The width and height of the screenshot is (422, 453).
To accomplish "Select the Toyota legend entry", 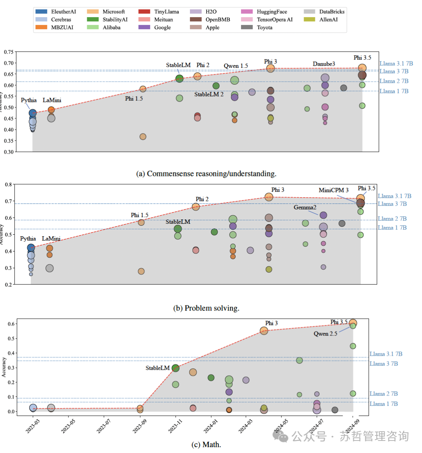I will tap(265, 27).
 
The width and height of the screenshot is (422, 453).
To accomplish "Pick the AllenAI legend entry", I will tap(328, 20).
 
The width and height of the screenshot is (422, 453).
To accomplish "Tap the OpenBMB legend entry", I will tap(218, 20).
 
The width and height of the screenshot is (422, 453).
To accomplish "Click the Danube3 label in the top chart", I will tap(324, 64).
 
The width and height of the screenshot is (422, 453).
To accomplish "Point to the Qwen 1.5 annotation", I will tap(236, 66).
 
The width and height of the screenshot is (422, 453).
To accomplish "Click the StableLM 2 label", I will tap(209, 95).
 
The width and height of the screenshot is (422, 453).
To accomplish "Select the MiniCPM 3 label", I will tap(333, 190).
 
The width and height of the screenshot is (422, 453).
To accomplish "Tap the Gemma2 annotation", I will tap(305, 207).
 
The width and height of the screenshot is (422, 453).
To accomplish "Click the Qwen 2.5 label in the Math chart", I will tap(325, 334).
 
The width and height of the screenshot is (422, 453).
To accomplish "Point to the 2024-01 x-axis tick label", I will tap(210, 426).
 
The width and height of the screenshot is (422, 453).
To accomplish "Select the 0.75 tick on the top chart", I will tap(9, 52).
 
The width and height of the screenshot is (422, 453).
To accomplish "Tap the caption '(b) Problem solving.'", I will tap(206, 308).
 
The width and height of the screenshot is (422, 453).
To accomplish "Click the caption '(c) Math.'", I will tap(206, 444).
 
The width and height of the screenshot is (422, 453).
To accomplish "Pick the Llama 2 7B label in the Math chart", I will tap(383, 394).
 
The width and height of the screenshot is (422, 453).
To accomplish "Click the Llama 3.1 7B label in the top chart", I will tap(396, 63).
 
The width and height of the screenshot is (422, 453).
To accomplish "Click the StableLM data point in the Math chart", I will tap(175, 368).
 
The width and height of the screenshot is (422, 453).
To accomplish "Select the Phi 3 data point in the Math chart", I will tap(264, 331).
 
